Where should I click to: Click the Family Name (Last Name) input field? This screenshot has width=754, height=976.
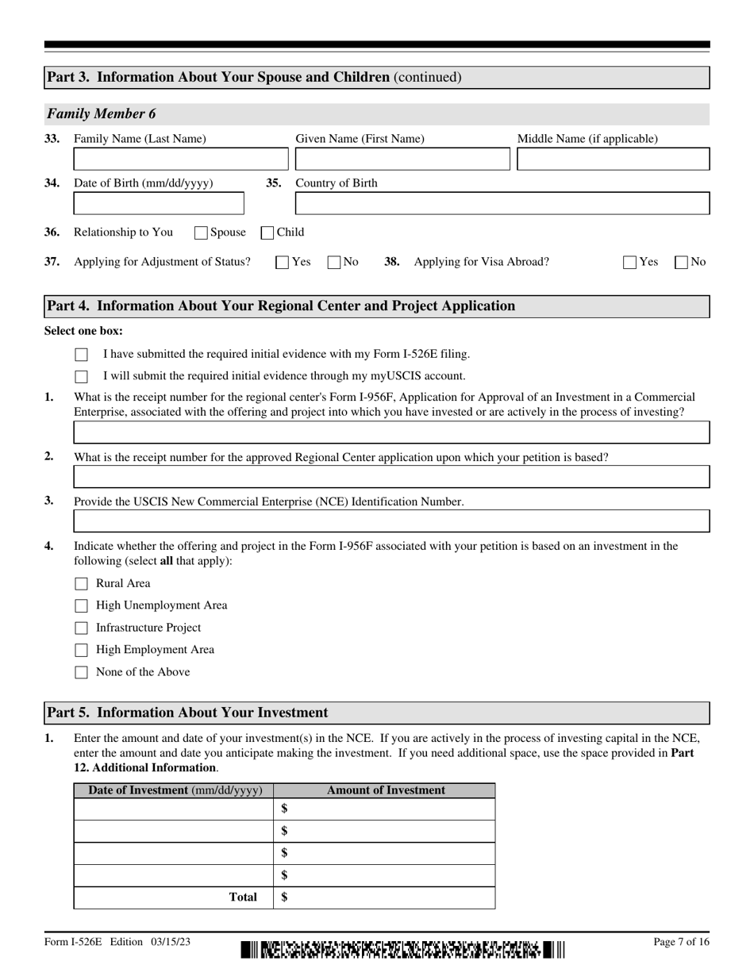179,159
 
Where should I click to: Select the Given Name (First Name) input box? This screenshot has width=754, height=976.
402,159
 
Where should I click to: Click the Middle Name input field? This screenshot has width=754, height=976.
613,159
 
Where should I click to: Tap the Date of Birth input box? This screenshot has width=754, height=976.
159,204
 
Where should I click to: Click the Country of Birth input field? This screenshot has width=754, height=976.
502,204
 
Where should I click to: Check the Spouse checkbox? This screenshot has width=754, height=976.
201,233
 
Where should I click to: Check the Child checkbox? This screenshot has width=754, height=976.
268,233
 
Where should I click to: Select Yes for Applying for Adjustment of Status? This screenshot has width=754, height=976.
282,263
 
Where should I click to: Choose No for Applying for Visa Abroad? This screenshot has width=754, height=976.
681,263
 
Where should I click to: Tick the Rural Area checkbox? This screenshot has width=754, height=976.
81,584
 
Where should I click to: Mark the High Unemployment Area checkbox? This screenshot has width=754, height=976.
81,606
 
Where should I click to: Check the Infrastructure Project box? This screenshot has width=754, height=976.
81,628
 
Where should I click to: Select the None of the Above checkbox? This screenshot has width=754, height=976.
81,673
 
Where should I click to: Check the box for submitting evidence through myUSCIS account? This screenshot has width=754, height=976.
81,377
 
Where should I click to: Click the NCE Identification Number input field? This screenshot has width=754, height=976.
391,521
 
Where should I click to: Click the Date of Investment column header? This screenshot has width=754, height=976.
174,790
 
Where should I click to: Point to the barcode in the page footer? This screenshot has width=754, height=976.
402,949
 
